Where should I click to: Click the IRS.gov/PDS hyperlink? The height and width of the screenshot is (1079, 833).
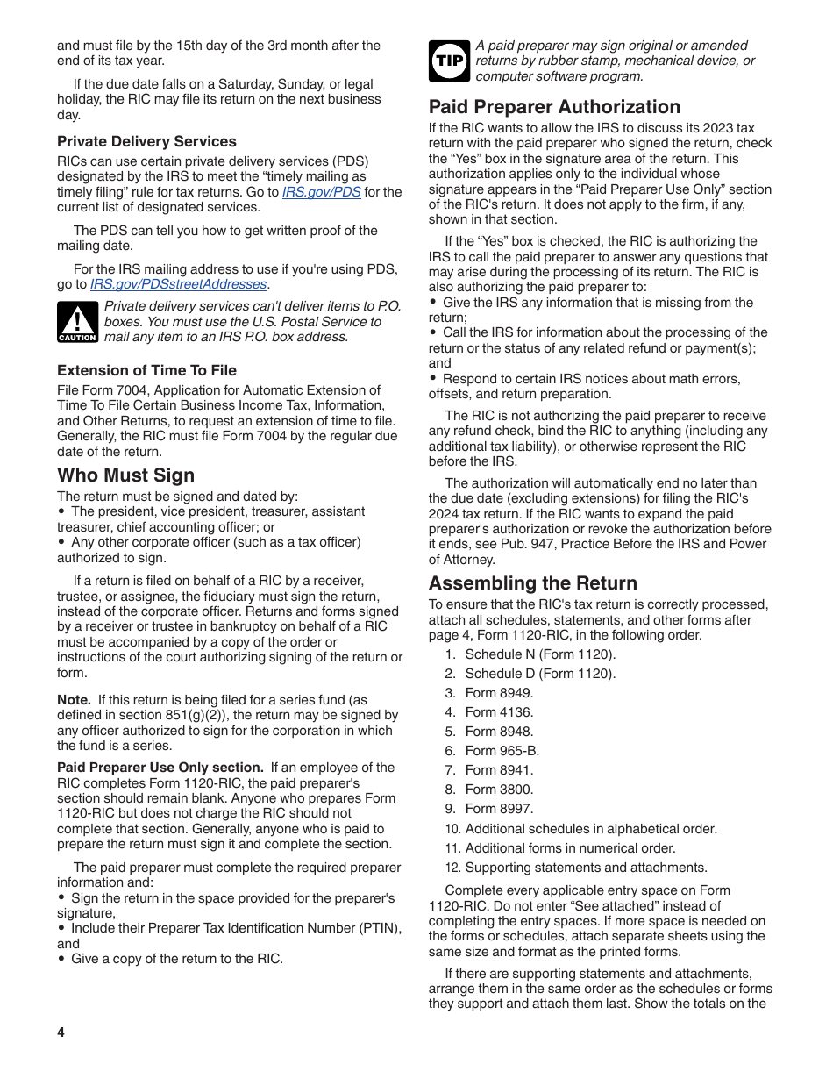(x=321, y=192)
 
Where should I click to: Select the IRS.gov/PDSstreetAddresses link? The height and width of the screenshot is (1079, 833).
(x=178, y=284)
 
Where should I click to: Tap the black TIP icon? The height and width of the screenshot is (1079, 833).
(x=449, y=61)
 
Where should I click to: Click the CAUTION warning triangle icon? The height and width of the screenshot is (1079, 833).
(x=77, y=322)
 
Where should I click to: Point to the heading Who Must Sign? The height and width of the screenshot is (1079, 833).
(x=126, y=475)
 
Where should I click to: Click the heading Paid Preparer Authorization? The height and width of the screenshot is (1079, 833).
(x=554, y=107)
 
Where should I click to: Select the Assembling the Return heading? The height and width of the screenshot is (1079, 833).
(x=532, y=583)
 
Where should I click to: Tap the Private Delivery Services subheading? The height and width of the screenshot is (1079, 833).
(x=146, y=141)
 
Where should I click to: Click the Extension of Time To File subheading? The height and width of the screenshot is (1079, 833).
(x=146, y=370)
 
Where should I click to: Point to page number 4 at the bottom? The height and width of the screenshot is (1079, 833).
(x=61, y=1033)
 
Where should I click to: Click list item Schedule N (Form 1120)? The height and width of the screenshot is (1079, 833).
(x=540, y=654)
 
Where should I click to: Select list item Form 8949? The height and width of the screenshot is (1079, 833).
(x=499, y=693)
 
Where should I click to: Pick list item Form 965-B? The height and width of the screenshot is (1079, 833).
(x=502, y=751)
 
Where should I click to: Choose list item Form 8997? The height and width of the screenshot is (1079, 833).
(x=499, y=809)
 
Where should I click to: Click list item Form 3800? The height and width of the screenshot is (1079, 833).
(x=499, y=790)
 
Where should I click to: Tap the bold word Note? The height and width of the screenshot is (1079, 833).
(x=74, y=700)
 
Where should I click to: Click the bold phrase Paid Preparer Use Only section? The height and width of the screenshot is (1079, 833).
(x=160, y=768)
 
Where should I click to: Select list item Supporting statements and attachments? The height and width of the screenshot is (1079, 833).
(x=586, y=868)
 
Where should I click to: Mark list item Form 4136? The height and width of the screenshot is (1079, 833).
(x=499, y=712)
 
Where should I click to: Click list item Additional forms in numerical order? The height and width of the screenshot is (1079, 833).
(x=570, y=848)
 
